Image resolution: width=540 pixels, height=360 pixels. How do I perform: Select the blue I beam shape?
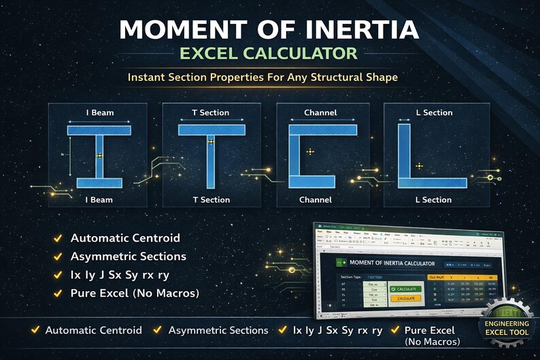point(99,156)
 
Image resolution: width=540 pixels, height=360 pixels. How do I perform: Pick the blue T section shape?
point(210,156)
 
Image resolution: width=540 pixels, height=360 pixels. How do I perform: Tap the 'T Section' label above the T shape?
point(211,112)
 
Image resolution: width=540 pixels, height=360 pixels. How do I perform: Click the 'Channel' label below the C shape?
point(316,200)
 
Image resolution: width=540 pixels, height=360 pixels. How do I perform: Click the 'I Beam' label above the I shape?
point(99,112)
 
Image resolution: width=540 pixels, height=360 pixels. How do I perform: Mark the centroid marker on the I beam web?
point(99,156)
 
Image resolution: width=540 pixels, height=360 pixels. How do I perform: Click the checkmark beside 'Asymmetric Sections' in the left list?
point(59,257)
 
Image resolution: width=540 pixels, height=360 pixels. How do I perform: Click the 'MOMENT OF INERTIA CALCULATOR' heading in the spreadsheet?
point(391,263)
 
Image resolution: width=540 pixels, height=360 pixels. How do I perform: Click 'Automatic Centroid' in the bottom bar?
point(93,330)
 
